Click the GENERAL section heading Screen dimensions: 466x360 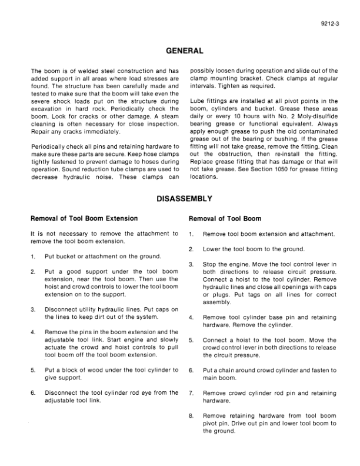[x=180, y=51]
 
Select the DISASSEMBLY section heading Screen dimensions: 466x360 [x=180, y=199]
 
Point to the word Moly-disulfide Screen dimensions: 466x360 [x=315, y=108]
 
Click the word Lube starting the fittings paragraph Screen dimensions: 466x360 [x=197, y=101]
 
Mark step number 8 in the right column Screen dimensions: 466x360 [x=192, y=416]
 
